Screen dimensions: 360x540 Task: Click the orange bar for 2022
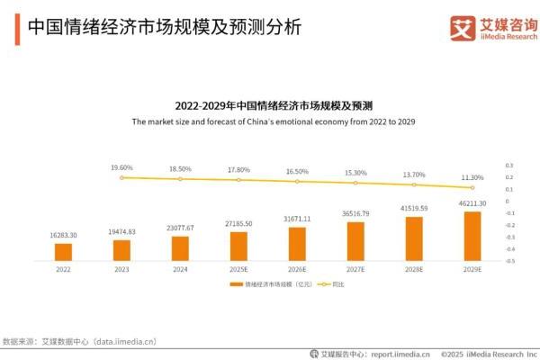click(x=63, y=251)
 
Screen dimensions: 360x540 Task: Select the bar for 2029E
click(x=472, y=236)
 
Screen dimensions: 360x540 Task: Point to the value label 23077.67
click(x=180, y=228)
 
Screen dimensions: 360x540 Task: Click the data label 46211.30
click(x=472, y=204)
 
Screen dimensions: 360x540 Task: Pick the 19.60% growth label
click(x=121, y=167)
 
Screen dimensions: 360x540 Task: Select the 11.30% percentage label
click(x=472, y=177)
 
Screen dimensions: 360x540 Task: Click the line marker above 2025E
click(x=238, y=180)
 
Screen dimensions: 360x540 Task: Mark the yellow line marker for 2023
click(x=121, y=177)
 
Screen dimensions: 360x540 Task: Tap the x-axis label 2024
click(x=180, y=269)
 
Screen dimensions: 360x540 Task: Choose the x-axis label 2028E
click(x=414, y=269)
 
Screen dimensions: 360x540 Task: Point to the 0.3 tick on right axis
click(x=509, y=166)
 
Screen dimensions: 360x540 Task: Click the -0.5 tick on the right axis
click(x=509, y=260)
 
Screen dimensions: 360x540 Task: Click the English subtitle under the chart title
click(x=273, y=121)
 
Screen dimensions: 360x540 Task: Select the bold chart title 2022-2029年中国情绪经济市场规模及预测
click(x=273, y=105)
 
